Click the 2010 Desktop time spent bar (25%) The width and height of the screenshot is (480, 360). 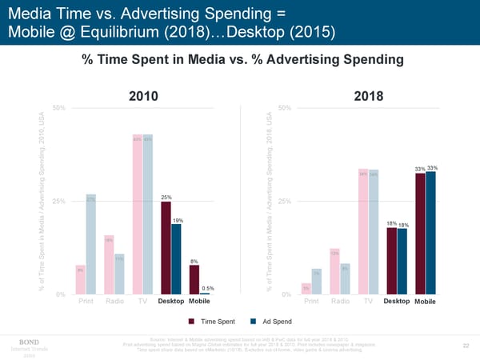pos(166,248)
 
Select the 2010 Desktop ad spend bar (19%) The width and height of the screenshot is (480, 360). pos(176,259)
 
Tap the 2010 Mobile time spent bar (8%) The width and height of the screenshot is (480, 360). pos(194,279)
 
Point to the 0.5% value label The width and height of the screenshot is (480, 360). pos(207,288)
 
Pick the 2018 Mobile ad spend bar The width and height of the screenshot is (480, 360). pos(431,233)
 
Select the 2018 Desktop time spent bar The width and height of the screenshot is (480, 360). pos(392,261)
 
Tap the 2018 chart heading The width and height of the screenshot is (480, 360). pos(368,96)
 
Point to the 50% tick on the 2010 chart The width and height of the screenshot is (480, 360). pos(58,108)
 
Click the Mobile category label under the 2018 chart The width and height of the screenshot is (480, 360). pos(426,302)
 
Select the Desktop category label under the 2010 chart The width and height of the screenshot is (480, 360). pos(171,302)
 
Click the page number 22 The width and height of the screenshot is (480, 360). pos(466,346)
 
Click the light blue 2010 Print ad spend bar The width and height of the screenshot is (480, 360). pos(90,244)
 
